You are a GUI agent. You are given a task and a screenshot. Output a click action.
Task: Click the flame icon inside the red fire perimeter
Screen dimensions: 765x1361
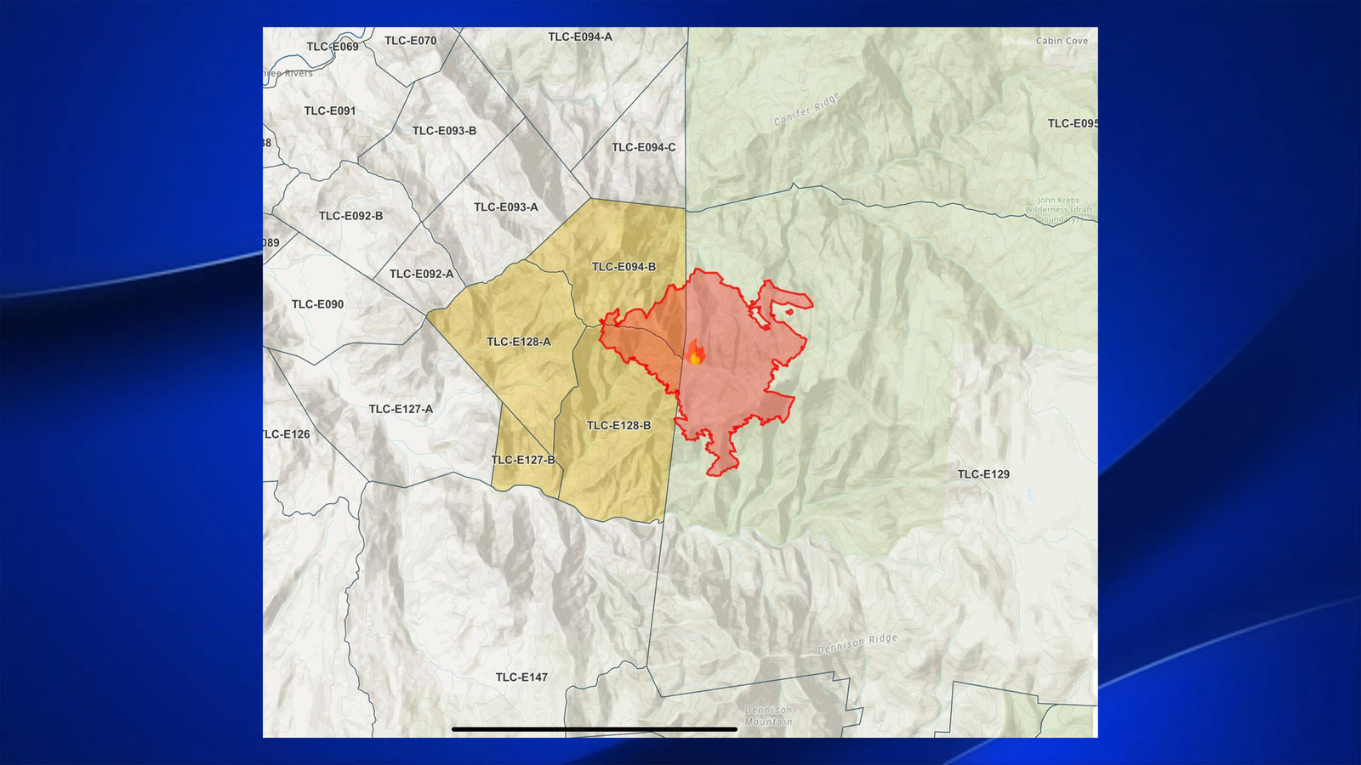click(695, 353)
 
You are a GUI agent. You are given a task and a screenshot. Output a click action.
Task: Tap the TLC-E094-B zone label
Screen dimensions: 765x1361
click(624, 267)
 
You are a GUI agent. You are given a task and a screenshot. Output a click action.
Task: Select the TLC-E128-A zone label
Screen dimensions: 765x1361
click(518, 342)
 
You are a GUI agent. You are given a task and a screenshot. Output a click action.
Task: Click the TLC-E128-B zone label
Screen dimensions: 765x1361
click(618, 426)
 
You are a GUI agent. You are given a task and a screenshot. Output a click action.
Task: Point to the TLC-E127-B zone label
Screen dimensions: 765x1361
click(523, 460)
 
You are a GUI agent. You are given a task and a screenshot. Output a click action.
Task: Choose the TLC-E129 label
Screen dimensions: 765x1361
click(983, 474)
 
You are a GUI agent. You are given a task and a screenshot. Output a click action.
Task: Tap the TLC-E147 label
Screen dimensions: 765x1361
click(521, 677)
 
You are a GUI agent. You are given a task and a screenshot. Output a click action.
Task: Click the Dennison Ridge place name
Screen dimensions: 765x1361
click(857, 643)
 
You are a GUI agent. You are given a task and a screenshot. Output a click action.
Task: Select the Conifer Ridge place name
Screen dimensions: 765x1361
click(806, 109)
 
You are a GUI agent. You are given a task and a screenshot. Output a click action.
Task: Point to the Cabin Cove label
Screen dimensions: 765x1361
click(1062, 41)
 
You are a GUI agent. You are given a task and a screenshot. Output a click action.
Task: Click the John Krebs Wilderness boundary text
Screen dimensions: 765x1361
click(1058, 210)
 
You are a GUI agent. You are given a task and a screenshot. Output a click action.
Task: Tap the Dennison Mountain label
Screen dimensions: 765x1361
click(768, 716)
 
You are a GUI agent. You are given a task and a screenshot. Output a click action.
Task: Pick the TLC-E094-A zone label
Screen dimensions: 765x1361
click(579, 37)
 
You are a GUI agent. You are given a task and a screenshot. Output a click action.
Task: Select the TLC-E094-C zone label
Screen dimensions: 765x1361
click(643, 148)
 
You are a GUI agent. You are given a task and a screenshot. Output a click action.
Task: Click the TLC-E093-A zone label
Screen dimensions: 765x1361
click(505, 207)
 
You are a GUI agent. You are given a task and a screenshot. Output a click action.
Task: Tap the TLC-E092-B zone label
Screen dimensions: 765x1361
click(350, 216)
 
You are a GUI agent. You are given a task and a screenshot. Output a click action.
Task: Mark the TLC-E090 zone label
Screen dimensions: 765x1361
click(317, 304)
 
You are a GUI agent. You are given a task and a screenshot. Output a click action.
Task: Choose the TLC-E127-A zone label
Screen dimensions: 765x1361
click(400, 410)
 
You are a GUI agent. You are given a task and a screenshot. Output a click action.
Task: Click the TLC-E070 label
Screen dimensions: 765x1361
click(410, 41)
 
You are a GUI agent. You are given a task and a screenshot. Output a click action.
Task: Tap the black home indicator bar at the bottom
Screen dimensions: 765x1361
click(594, 728)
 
